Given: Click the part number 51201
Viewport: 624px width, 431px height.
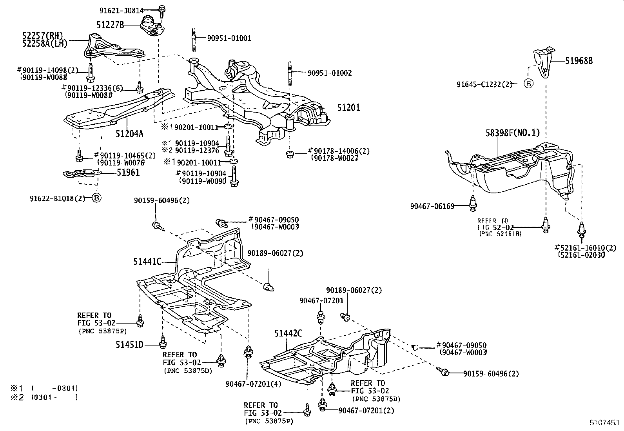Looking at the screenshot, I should [348, 107].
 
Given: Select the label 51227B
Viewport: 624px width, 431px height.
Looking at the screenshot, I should [110, 25].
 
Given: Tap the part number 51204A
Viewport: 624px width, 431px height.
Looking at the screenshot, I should [129, 134].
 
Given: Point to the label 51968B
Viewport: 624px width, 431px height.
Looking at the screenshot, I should [579, 61].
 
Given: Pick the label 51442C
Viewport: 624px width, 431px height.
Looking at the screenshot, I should [288, 333].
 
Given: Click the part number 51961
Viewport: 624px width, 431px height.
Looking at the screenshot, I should [128, 172].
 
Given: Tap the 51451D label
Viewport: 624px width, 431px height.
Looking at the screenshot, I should [129, 345].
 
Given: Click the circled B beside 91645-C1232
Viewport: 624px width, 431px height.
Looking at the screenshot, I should [528, 84].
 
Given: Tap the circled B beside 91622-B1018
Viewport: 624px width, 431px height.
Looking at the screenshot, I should [96, 198].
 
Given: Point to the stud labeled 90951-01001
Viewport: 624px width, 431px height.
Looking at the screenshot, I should [194, 40].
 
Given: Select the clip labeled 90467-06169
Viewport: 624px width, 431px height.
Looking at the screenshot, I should [473, 203].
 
